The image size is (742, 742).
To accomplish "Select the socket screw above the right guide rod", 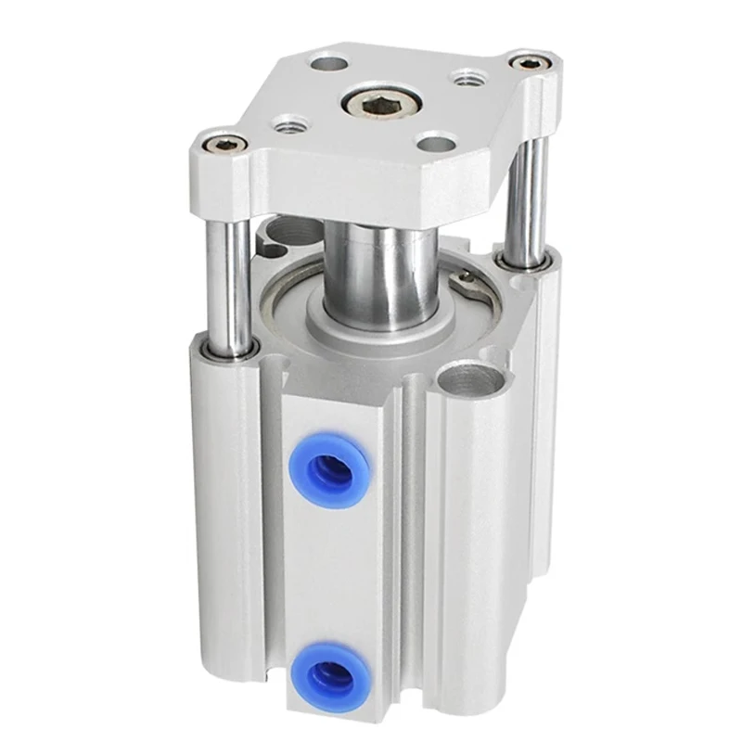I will pyautogui.click(x=527, y=63).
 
